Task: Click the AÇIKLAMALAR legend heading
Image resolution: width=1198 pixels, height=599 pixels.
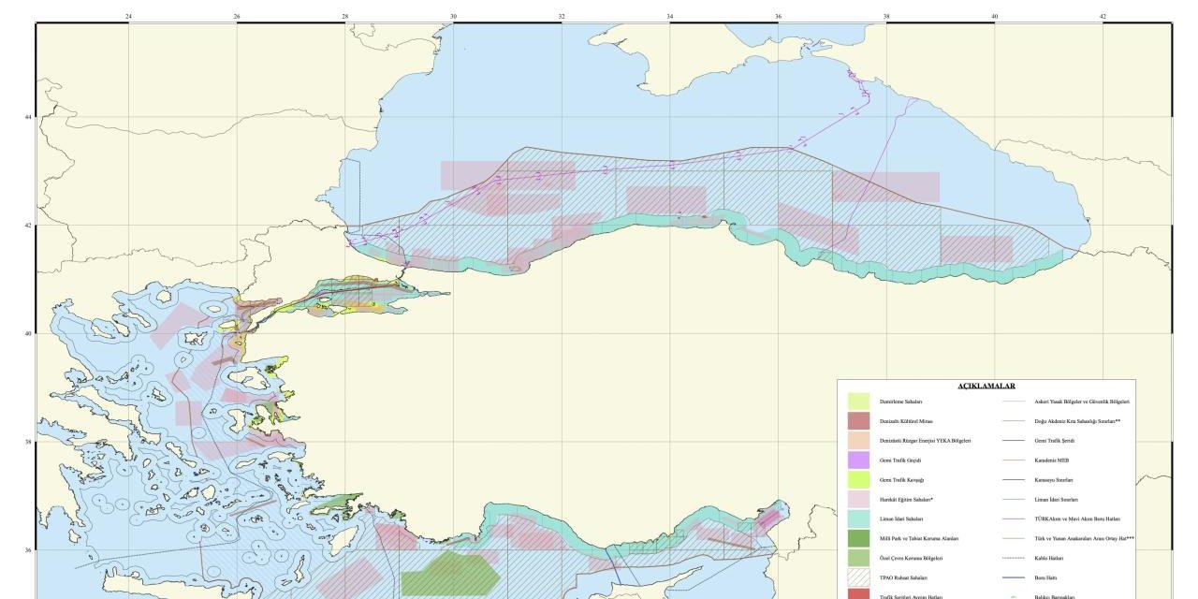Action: pos(986,386)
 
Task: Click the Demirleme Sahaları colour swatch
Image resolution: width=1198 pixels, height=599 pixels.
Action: pos(859,402)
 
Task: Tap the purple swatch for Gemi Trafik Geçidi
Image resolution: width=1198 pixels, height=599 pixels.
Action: pos(859,460)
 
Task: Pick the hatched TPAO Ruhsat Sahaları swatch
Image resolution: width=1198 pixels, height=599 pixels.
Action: pos(859,577)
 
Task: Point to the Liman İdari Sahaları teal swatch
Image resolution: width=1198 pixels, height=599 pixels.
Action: pos(859,519)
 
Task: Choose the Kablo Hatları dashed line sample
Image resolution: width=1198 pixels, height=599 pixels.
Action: pos(1015,558)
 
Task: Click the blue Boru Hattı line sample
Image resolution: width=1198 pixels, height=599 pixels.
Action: pos(1015,577)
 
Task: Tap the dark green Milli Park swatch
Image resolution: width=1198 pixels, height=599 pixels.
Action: pos(859,538)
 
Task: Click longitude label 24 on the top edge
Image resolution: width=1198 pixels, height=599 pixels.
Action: pos(128,16)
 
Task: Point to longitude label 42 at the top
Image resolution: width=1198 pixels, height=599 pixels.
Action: pos(1103,16)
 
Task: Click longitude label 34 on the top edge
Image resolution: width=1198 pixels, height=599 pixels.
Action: pos(670,16)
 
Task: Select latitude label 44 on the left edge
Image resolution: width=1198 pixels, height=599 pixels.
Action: pos(28,117)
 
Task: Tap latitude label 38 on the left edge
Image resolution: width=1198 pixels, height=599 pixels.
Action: pos(28,442)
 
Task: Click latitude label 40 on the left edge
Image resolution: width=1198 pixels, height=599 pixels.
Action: pos(28,334)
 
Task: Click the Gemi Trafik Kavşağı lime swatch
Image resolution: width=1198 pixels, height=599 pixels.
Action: pos(859,480)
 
